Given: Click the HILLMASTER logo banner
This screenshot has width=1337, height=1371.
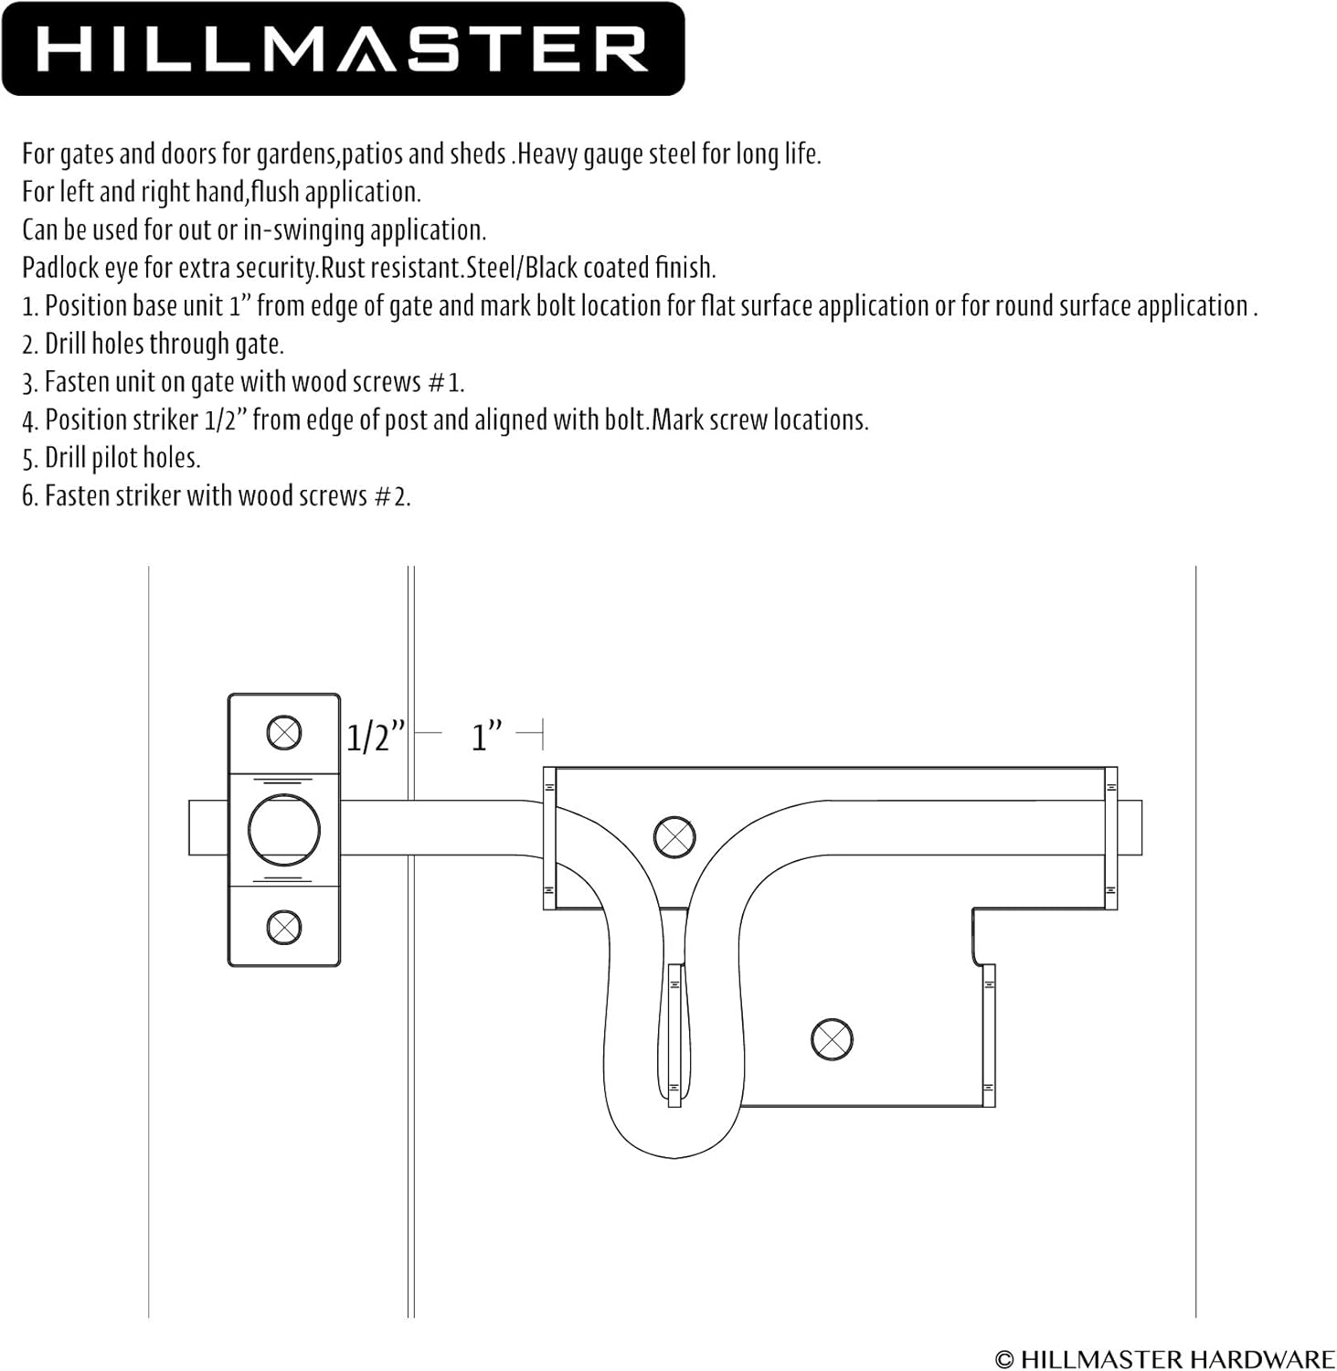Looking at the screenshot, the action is point(343,48).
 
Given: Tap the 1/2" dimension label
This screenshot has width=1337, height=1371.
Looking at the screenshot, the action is point(376,737).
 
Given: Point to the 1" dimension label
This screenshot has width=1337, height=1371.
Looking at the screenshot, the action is point(486,736).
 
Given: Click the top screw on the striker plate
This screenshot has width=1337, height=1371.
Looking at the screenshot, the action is point(284,732).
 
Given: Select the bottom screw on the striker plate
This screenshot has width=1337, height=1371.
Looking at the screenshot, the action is point(284,927).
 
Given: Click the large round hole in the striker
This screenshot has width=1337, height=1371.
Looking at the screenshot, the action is point(284,830).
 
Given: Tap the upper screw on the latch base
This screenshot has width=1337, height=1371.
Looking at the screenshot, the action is point(674,835).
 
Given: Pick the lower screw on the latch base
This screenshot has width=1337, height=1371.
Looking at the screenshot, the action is point(832,1038).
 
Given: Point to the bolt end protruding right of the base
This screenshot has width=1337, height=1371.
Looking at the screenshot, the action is point(1130,827).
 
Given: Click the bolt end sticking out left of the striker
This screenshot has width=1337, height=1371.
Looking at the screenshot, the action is point(208,828).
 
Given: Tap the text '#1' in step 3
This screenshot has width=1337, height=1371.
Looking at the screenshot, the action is point(445,382).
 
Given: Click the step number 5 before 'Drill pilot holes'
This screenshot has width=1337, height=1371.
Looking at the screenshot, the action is point(28,459).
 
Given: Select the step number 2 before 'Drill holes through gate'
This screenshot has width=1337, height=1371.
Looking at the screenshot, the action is point(28,345).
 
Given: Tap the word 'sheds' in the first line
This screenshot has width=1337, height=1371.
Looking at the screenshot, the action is point(478,154).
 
